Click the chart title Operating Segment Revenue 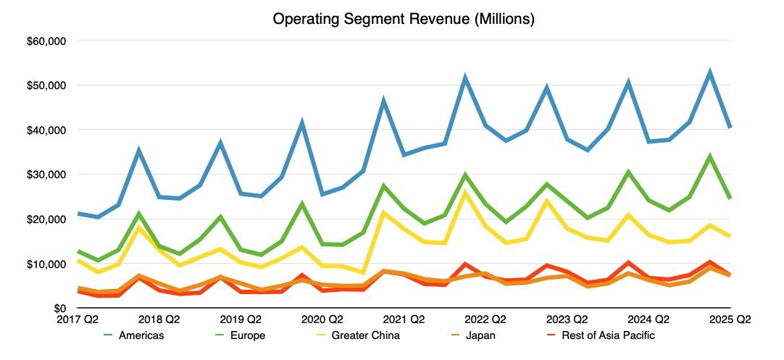point(404,20)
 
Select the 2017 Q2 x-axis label point(78,319)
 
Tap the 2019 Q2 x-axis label point(241,319)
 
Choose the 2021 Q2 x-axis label point(404,319)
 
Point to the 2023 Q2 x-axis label point(567,319)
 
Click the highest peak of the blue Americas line point(710,72)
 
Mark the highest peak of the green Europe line point(710,156)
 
